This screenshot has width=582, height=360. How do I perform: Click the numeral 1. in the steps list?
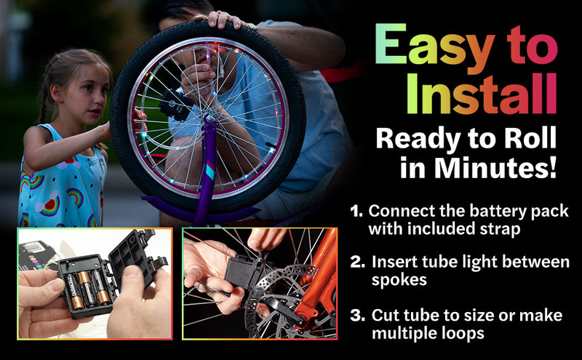click(356, 212)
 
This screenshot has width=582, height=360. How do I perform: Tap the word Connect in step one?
click(399, 212)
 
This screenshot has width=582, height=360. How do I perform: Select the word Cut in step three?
click(386, 316)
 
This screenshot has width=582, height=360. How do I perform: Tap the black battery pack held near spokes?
click(244, 273)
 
